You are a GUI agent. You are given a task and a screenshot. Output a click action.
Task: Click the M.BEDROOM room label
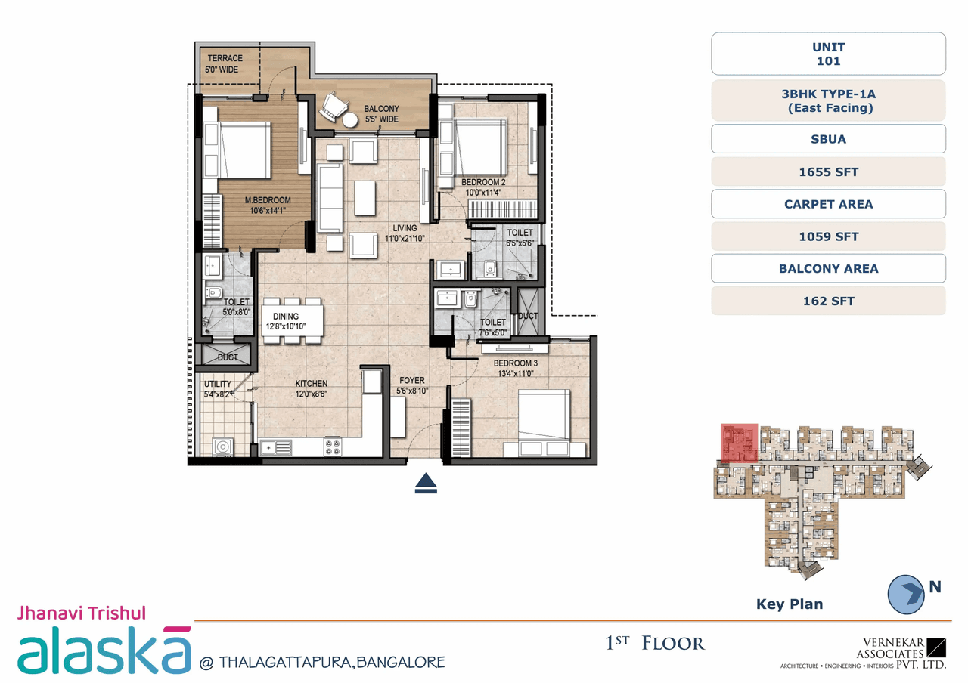(x=267, y=200)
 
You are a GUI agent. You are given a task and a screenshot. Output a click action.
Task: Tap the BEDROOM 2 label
(x=483, y=182)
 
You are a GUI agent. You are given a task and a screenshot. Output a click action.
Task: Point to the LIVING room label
(x=405, y=227)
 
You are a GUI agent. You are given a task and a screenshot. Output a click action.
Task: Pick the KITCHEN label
(x=311, y=383)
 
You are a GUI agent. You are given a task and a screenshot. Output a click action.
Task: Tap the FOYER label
(x=412, y=380)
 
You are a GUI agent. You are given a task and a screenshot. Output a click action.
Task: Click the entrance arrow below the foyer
(x=427, y=483)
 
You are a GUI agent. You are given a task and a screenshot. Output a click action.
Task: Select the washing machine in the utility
(x=222, y=447)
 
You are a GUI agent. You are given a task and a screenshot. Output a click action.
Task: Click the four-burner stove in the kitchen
(x=332, y=447)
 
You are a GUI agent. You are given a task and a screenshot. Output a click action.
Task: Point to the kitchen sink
(x=276, y=447)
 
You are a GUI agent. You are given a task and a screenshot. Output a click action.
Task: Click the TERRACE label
(x=225, y=58)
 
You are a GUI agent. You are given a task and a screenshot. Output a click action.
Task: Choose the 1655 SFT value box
(x=828, y=172)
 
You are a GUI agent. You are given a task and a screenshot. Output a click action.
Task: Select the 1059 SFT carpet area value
(x=828, y=236)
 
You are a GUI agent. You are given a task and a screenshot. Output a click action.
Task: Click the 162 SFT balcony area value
(x=828, y=301)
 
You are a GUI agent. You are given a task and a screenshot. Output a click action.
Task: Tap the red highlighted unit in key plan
(x=739, y=443)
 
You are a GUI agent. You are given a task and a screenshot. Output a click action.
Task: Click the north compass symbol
(x=907, y=593)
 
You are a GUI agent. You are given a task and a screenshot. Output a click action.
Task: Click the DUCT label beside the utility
(x=227, y=357)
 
